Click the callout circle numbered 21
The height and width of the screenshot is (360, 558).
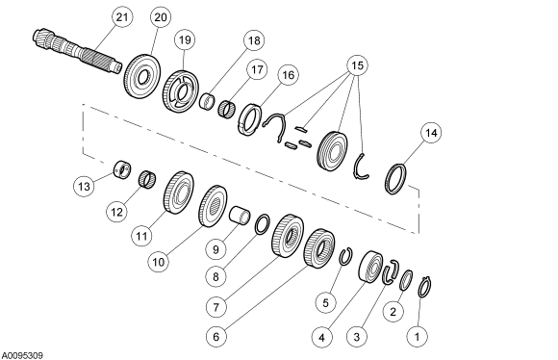(x=121, y=18)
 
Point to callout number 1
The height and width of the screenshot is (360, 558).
(x=417, y=337)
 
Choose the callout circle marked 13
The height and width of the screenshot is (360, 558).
(x=86, y=184)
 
